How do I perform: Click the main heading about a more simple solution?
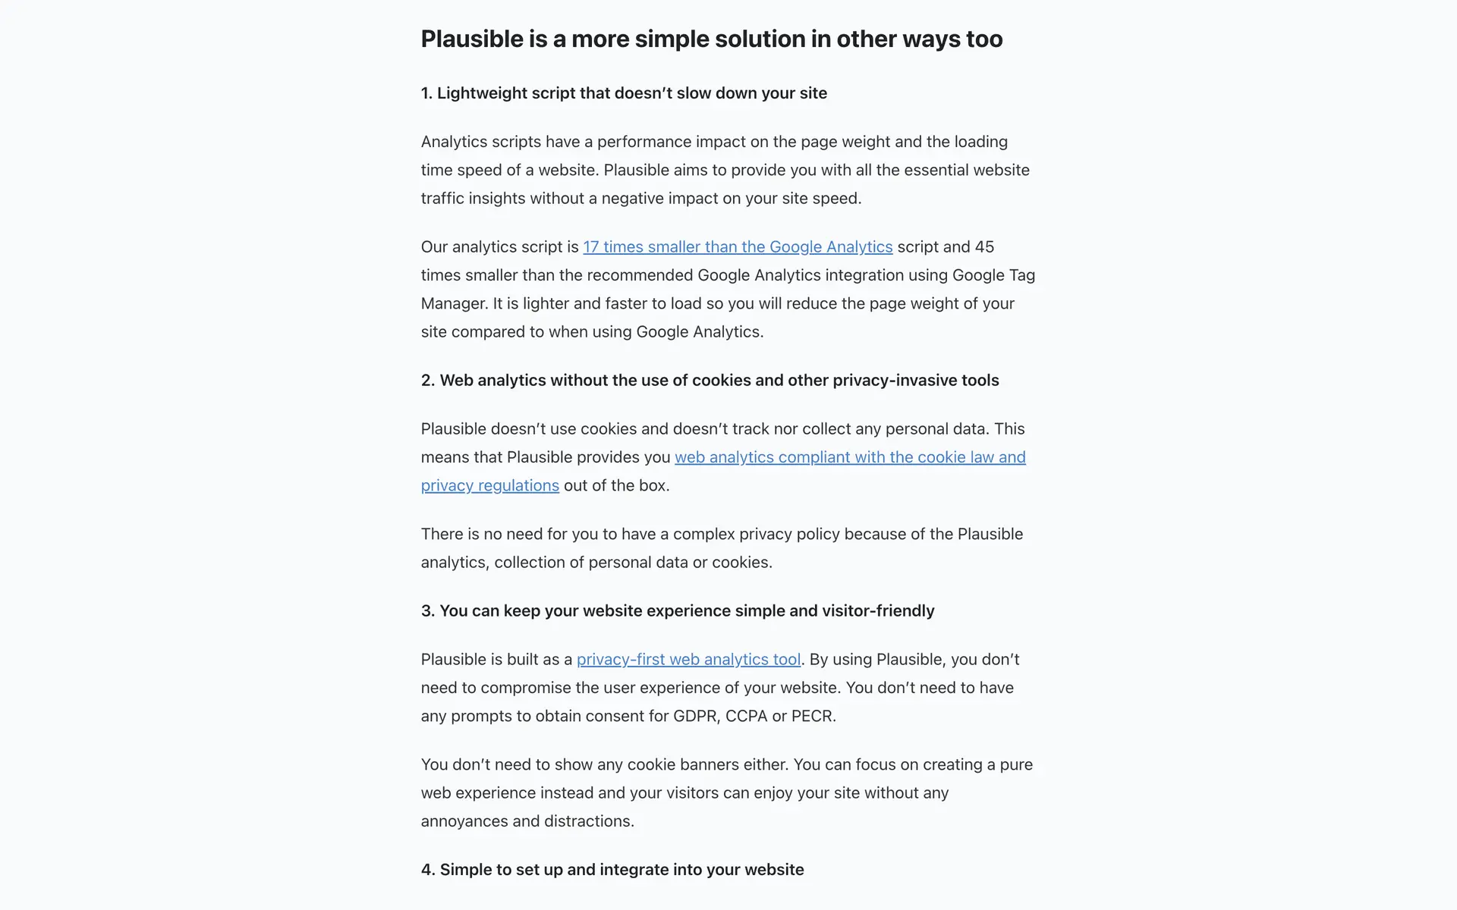pyautogui.click(x=711, y=39)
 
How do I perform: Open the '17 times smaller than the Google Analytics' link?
pyautogui.click(x=737, y=247)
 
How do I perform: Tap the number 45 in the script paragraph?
pyautogui.click(x=984, y=247)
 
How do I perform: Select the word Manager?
pyautogui.click(x=453, y=303)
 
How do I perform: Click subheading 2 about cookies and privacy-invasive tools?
pyautogui.click(x=710, y=381)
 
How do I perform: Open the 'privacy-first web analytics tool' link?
pyautogui.click(x=688, y=660)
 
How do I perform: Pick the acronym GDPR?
pyautogui.click(x=694, y=717)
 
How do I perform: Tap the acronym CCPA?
pyautogui.click(x=746, y=717)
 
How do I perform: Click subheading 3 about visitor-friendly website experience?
pyautogui.click(x=678, y=611)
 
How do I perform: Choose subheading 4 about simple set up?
pyautogui.click(x=612, y=870)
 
